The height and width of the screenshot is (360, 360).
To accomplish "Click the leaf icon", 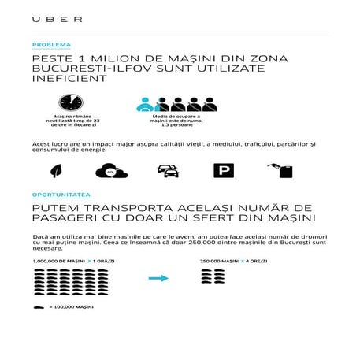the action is pyautogui.click(x=57, y=170).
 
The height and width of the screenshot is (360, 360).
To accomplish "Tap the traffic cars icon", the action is pyautogui.click(x=167, y=170).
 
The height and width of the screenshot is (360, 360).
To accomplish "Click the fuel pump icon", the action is pyautogui.click(x=280, y=170).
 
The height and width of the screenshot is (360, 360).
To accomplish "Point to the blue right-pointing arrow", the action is pyautogui.click(x=159, y=277).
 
